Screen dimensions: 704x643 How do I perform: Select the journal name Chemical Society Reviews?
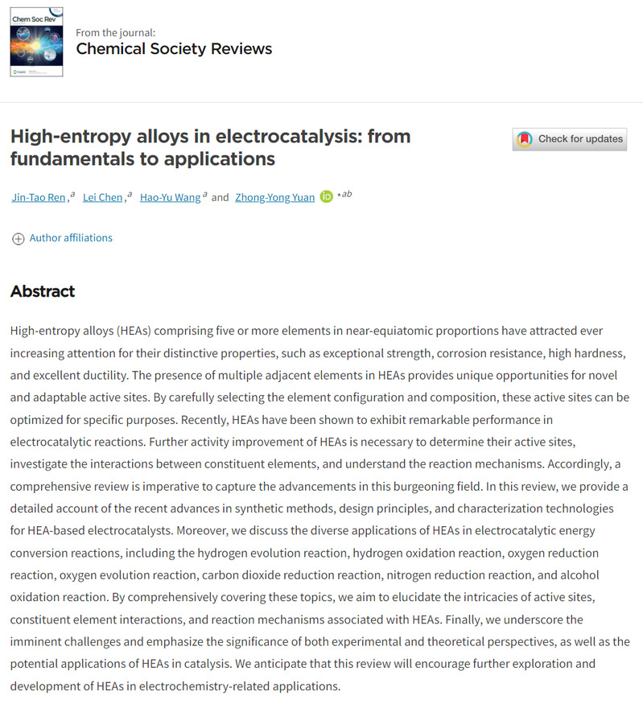[x=174, y=49]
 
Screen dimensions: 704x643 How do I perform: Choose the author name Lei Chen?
[x=103, y=197]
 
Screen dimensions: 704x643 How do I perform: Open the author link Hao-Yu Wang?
[x=171, y=197]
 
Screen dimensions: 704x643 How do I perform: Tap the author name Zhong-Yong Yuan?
[x=274, y=197]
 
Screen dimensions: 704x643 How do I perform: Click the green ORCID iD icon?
[x=326, y=197]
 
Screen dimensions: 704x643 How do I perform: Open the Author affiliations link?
[x=71, y=238]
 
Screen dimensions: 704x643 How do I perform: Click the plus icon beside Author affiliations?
[x=18, y=238]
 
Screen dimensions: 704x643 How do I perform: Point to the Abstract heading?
[x=43, y=291]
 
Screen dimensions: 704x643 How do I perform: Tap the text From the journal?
[x=116, y=33]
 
